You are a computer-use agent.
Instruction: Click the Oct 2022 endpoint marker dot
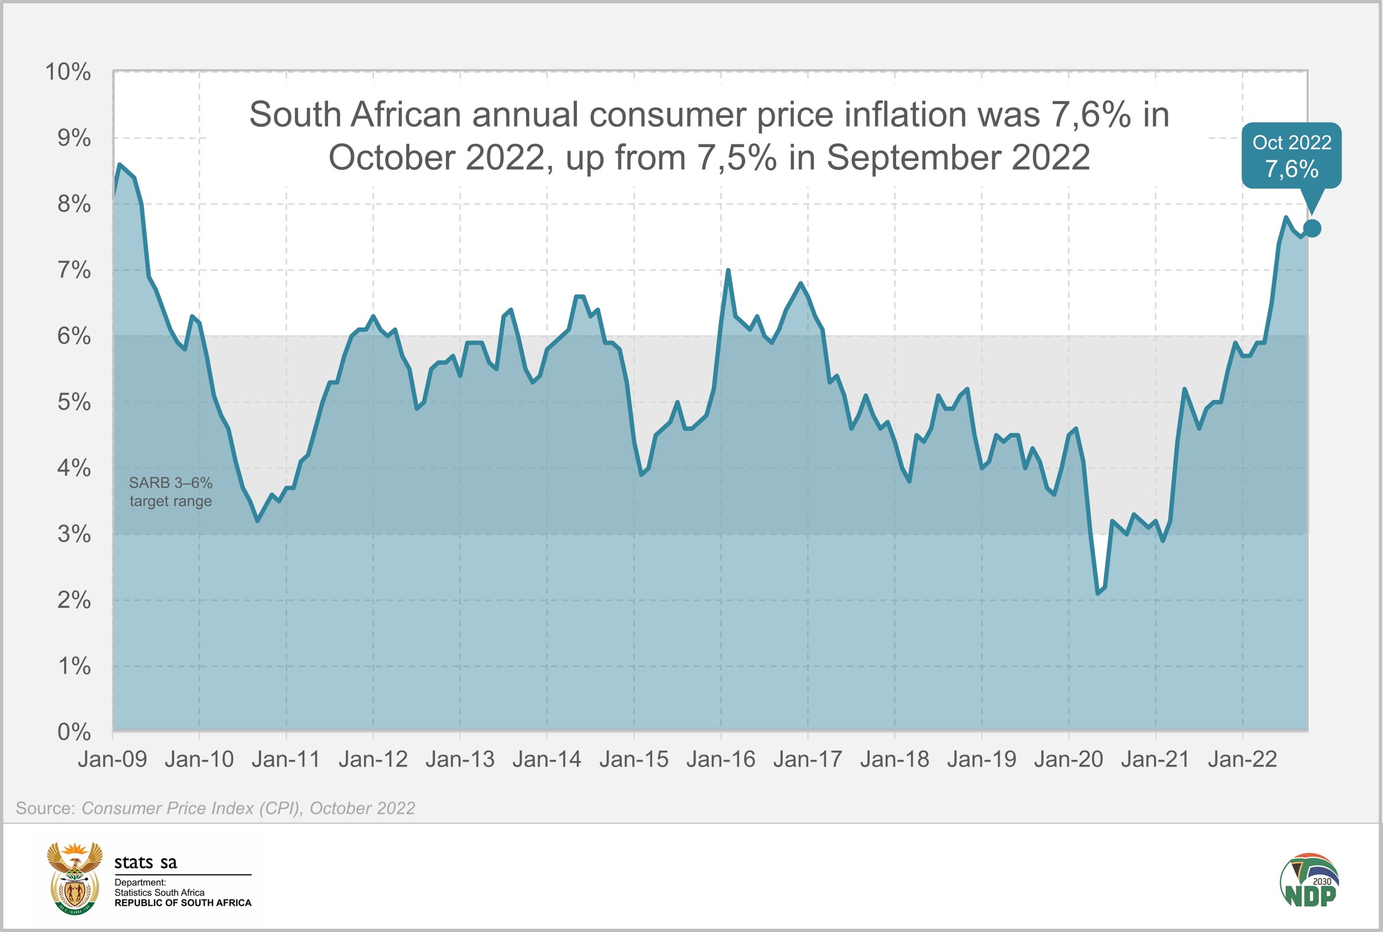click(x=1312, y=228)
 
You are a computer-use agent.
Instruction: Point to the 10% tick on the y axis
click(x=69, y=72)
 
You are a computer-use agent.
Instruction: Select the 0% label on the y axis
click(x=74, y=732)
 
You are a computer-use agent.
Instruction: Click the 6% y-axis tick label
click(x=74, y=336)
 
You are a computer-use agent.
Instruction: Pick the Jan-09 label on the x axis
click(x=112, y=759)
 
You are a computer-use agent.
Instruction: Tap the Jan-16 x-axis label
click(x=720, y=759)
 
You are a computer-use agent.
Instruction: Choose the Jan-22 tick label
click(x=1242, y=759)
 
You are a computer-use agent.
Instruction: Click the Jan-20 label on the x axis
click(x=1068, y=759)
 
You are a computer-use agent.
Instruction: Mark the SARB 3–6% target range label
click(x=170, y=492)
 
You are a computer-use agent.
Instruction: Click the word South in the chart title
click(x=295, y=114)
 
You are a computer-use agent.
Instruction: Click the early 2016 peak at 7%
click(x=728, y=270)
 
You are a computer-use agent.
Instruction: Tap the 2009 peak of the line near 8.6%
click(x=120, y=165)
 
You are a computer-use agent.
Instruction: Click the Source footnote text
click(x=215, y=808)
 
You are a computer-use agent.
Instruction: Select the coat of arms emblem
click(x=74, y=878)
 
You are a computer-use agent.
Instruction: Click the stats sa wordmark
click(x=145, y=862)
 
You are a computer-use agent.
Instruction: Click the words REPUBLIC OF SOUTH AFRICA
click(x=183, y=903)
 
